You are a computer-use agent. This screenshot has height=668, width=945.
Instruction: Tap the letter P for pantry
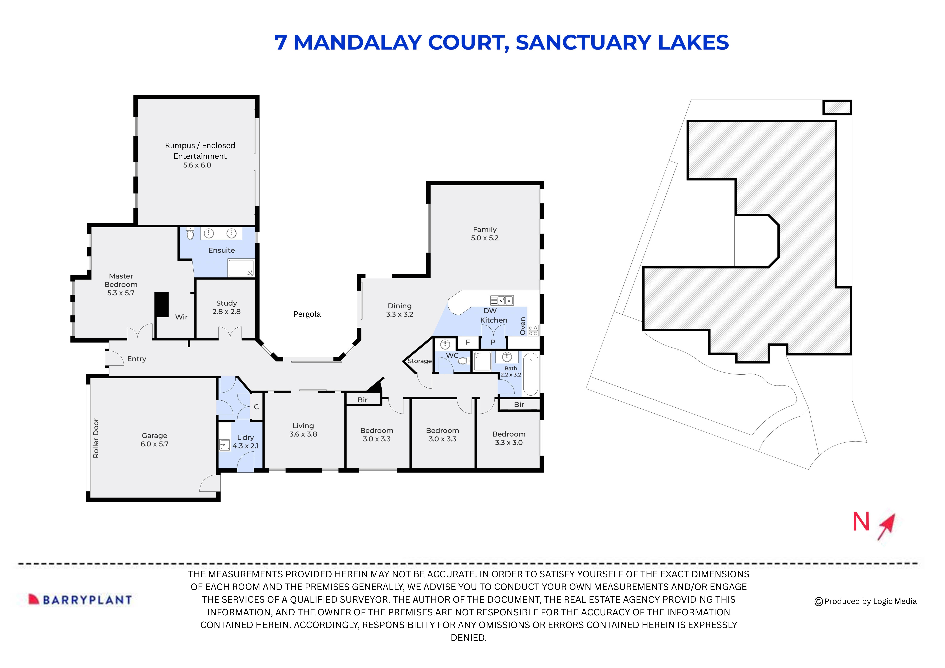click(493, 342)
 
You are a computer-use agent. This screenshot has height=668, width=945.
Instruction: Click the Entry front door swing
click(114, 358)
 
